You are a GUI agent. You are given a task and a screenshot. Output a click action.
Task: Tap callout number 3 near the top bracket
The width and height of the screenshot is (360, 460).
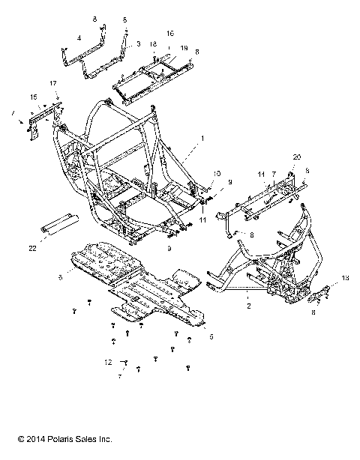137,45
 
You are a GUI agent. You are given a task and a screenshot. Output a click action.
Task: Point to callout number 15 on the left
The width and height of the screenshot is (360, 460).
33,97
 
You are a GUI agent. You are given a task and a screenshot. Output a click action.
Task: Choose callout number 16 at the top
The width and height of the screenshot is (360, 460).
170,34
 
